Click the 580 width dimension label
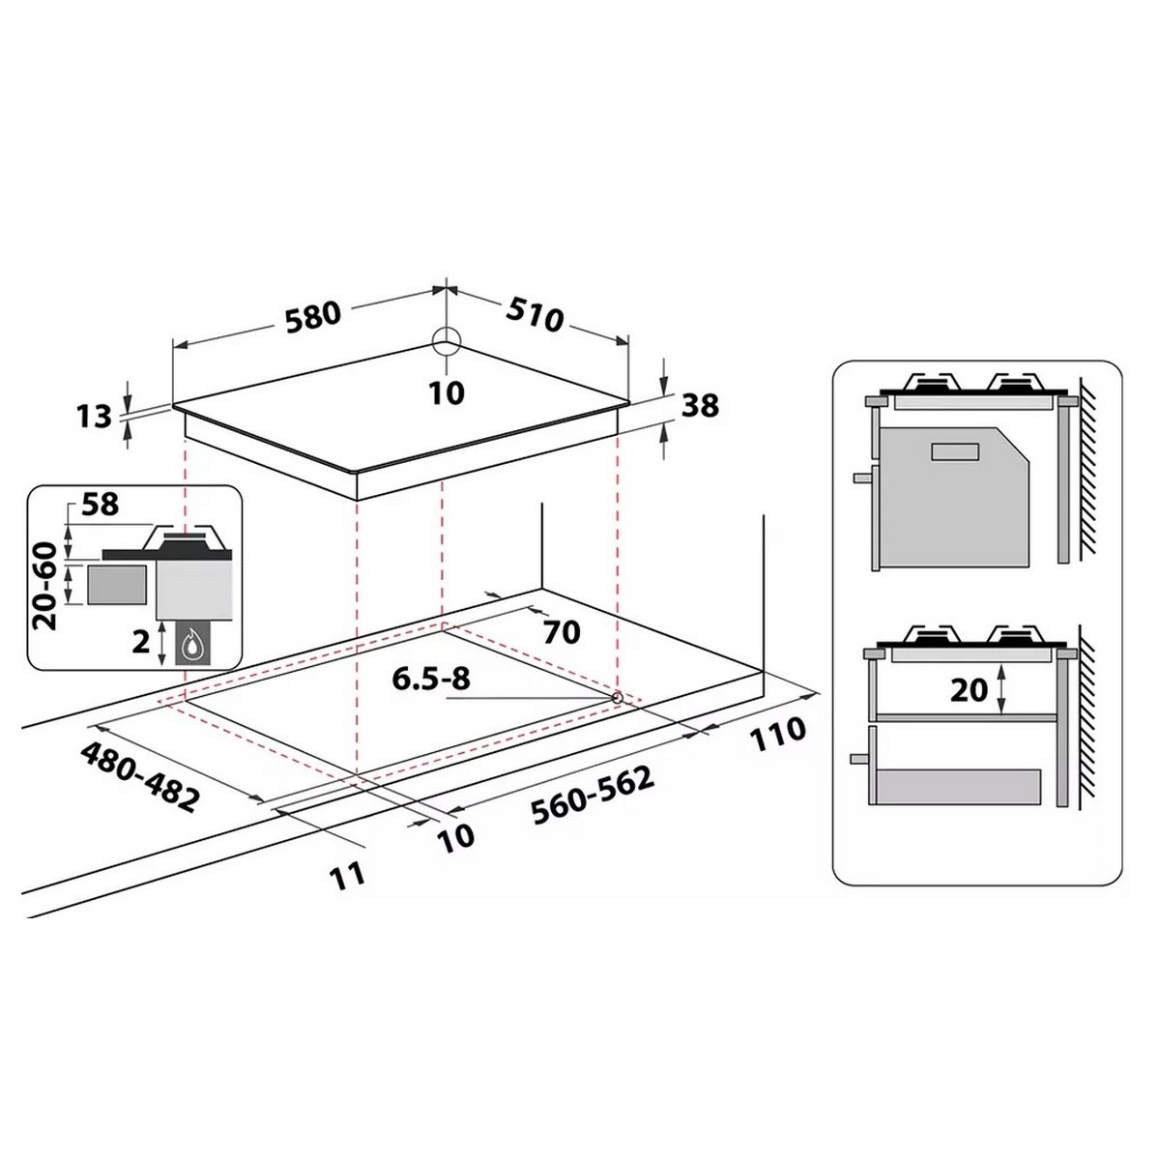[312, 317]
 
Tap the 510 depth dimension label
[535, 315]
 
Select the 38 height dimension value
[700, 405]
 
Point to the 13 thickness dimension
[95, 417]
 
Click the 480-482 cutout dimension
[138, 776]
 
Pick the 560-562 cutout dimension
[593, 796]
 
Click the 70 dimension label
[561, 632]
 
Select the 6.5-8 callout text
[431, 679]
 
